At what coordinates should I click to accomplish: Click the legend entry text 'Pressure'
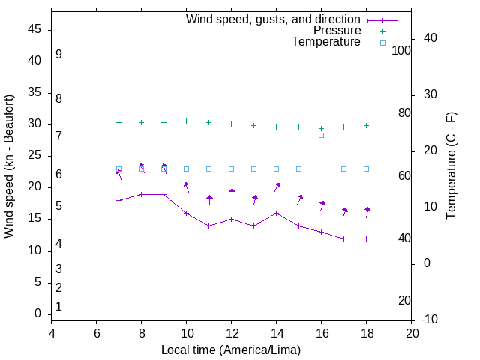click(337, 31)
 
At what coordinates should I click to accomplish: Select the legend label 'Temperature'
click(326, 42)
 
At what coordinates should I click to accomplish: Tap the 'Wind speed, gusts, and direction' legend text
click(273, 19)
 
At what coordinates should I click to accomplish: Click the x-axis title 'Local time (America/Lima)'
click(231, 350)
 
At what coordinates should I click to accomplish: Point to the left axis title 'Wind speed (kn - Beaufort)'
click(9, 166)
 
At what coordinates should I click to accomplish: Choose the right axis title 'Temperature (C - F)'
click(451, 166)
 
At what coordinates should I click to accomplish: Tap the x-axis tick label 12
click(232, 334)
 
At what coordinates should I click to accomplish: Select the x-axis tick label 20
click(412, 334)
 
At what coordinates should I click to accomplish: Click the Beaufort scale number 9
click(58, 55)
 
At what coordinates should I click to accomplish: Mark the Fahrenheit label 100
click(401, 51)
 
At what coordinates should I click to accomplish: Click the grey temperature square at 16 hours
click(321, 135)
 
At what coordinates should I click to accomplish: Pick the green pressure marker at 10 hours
click(187, 121)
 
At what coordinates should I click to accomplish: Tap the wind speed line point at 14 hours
click(277, 213)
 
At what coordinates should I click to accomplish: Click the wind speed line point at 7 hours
click(118, 200)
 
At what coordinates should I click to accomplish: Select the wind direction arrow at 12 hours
click(232, 193)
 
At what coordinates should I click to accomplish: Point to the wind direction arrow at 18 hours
click(367, 212)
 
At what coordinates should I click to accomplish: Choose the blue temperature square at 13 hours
click(254, 169)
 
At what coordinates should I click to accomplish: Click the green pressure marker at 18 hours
click(367, 125)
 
